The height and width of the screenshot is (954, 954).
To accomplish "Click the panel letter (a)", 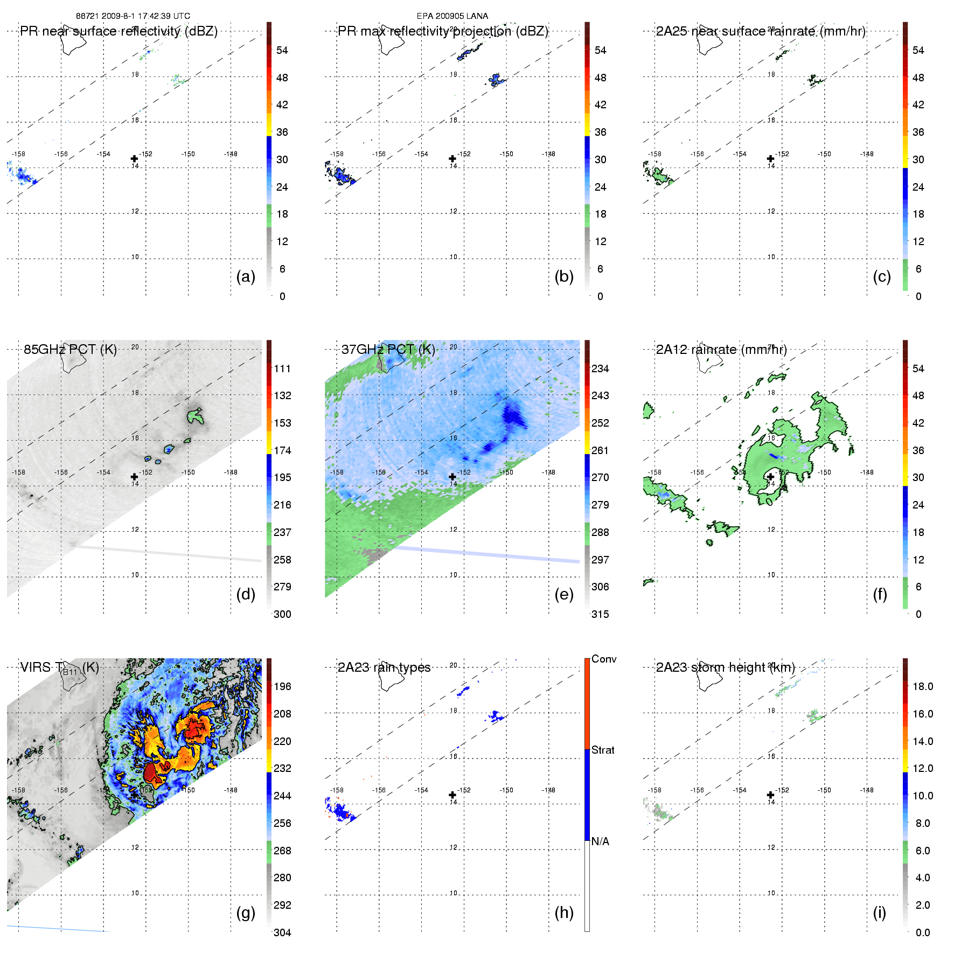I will pyautogui.click(x=246, y=276).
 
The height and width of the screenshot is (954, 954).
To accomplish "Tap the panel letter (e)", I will pyautogui.click(x=563, y=594).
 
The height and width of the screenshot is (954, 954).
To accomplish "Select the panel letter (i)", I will pyautogui.click(x=879, y=913).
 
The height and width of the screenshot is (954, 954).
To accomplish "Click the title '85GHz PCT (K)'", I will pyautogui.click(x=70, y=349).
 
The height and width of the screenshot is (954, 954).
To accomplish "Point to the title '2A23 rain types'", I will pyautogui.click(x=384, y=667).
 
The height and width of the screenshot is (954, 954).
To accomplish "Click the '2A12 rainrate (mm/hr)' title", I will pyautogui.click(x=721, y=349).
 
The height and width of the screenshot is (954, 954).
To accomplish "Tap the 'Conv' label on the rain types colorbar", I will pyautogui.click(x=603, y=659).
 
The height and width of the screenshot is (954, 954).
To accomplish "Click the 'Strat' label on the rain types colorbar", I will pyautogui.click(x=603, y=750).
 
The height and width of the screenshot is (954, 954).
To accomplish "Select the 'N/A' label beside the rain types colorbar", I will pyautogui.click(x=600, y=841).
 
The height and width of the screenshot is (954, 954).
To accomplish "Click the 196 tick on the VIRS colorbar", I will pyautogui.click(x=282, y=686).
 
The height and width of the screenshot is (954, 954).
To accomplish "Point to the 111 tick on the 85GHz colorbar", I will pyautogui.click(x=282, y=368).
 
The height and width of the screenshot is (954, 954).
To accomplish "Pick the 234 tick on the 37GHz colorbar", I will pyautogui.click(x=600, y=368).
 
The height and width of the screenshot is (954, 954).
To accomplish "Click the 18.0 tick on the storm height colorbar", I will pyautogui.click(x=922, y=686).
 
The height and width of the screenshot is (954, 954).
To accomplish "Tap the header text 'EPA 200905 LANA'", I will pyautogui.click(x=452, y=16).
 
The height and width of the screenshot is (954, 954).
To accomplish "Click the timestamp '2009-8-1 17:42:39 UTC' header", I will pyautogui.click(x=145, y=16).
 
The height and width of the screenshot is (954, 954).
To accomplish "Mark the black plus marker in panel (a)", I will pyautogui.click(x=134, y=158).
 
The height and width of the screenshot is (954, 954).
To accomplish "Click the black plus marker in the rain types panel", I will pyautogui.click(x=452, y=795).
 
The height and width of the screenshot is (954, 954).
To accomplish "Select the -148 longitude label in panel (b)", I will pyautogui.click(x=548, y=154).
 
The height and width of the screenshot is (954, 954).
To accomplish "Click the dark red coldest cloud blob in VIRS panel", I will pyautogui.click(x=155, y=775).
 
